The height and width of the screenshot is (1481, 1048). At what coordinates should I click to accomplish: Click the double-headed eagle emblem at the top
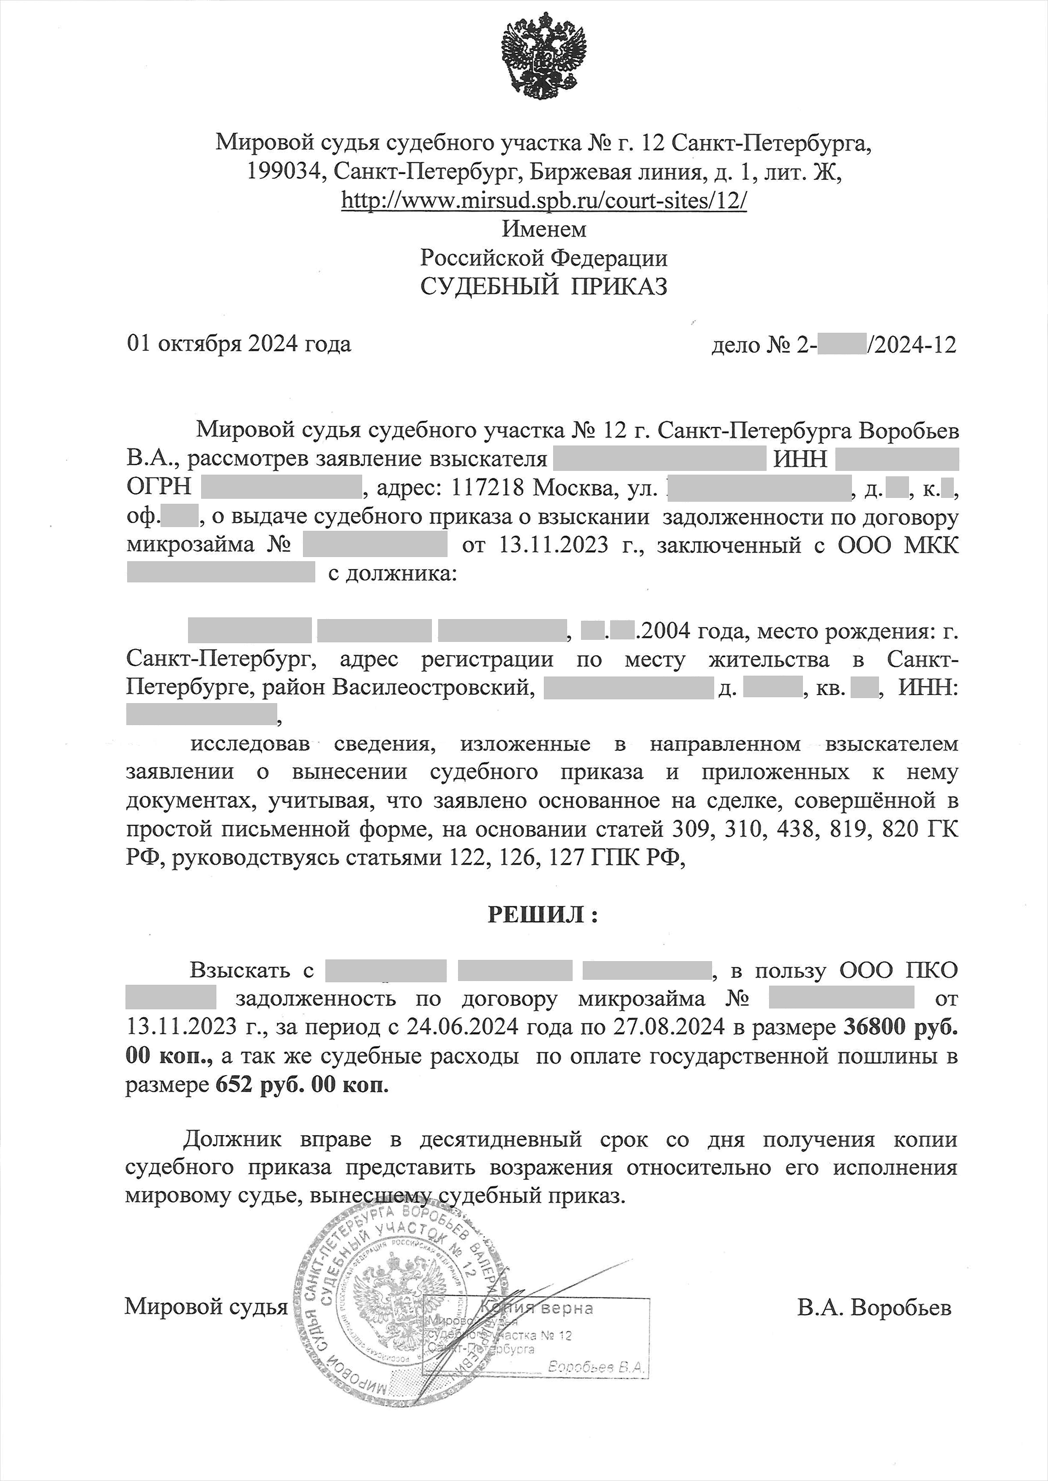(x=543, y=56)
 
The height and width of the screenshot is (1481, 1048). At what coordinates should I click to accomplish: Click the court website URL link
(x=543, y=201)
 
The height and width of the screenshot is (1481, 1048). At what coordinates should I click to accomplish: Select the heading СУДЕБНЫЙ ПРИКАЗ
(x=543, y=286)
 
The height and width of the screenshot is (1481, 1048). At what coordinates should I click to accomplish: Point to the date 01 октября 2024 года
(x=239, y=344)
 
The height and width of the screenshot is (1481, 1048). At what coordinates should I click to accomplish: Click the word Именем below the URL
(x=544, y=229)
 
